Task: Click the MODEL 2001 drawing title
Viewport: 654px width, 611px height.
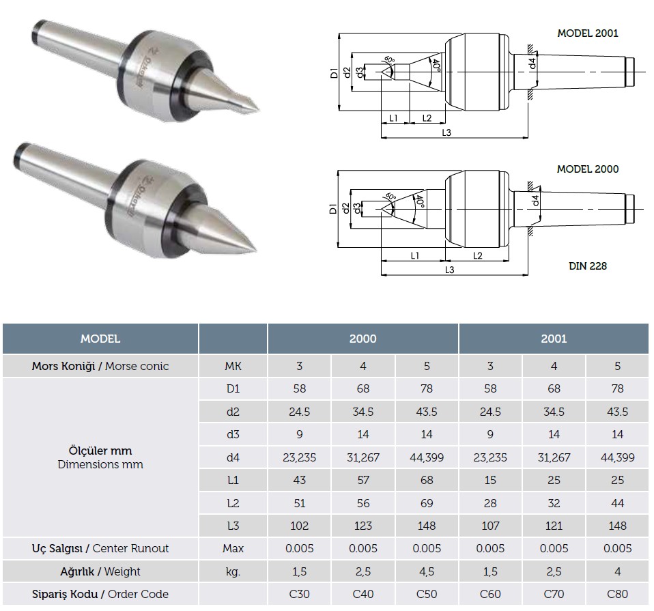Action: [588, 33]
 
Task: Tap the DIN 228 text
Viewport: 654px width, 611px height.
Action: [588, 266]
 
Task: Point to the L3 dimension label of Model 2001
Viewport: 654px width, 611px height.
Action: [446, 132]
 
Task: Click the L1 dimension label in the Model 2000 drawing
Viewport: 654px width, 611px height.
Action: [414, 255]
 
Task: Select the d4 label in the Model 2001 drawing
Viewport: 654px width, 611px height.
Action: [532, 63]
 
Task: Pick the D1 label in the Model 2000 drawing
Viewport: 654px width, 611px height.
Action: [333, 208]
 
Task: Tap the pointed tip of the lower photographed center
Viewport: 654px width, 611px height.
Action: [255, 251]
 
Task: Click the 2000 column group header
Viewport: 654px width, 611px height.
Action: [363, 339]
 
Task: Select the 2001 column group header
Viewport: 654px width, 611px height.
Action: [554, 339]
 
